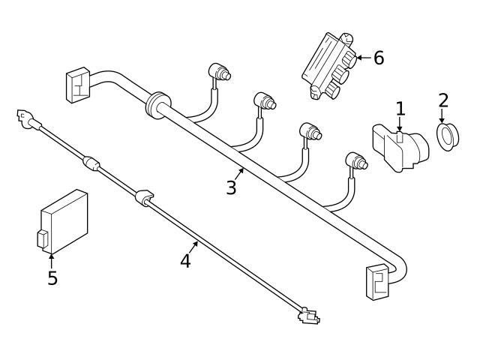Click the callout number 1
pos(400,109)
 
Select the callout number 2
pos(443,100)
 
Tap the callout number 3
pos(231,187)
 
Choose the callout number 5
pos(52,277)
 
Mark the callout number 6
pos(379,58)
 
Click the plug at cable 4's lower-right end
pos(307,316)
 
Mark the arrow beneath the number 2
pos(443,116)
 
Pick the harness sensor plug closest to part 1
pos(357,160)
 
